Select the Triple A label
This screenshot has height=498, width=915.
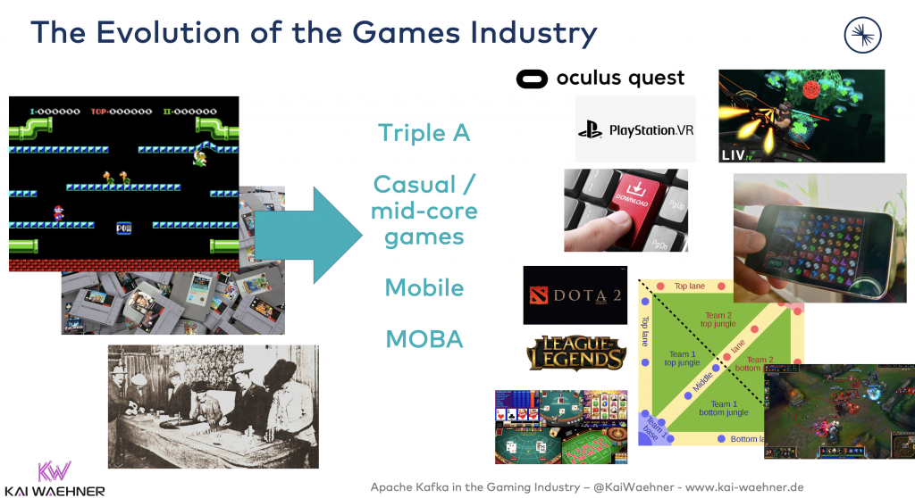424,133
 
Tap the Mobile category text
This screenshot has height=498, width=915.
424,288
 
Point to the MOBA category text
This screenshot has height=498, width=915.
424,339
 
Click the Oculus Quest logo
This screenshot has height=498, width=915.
600,79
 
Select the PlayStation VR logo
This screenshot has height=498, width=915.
635,130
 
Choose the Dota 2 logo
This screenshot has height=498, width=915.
575,295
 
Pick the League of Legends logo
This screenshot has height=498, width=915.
575,353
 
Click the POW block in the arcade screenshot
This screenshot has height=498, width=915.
123,228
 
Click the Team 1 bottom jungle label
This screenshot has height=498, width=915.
723,409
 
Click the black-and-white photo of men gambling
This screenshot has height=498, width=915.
213,406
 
